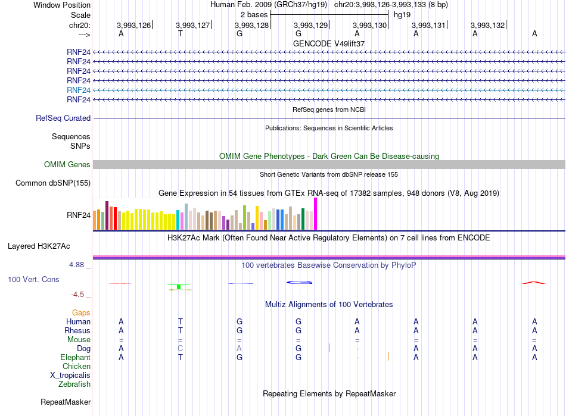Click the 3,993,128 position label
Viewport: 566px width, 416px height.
click(251, 25)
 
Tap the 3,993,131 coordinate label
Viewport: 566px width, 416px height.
click(428, 25)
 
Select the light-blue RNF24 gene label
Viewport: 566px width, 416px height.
click(78, 90)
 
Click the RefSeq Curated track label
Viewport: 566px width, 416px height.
click(63, 118)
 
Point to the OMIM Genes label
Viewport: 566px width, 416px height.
click(67, 165)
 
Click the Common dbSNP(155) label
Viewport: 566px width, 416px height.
click(53, 183)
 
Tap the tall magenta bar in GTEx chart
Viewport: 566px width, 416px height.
click(316, 214)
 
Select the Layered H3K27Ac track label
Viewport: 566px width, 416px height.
click(39, 246)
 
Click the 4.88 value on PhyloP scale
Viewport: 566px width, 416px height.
click(76, 265)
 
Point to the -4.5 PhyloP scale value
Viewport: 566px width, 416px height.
click(77, 295)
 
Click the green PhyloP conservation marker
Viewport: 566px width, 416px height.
click(179, 287)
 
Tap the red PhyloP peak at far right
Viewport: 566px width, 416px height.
click(533, 283)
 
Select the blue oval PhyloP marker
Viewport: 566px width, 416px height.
click(299, 282)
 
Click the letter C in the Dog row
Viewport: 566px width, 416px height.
click(180, 349)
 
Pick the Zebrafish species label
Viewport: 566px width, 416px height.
click(74, 384)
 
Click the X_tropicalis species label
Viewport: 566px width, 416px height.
click(70, 376)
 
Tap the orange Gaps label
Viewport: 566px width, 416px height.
click(81, 313)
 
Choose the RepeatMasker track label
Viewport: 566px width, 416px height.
click(66, 402)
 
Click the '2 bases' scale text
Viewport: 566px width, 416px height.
click(254, 15)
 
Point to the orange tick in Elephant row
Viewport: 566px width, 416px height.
click(388, 356)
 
